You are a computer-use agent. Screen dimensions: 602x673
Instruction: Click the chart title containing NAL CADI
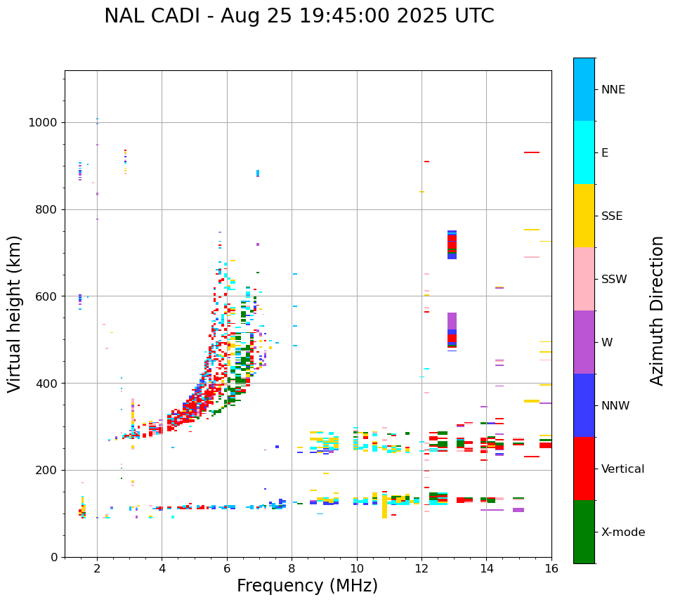click(299, 16)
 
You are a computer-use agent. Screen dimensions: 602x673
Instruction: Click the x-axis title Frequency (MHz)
click(307, 586)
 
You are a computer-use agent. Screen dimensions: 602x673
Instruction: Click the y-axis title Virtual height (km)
click(15, 314)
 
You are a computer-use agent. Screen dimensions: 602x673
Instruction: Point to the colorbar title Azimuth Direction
click(657, 310)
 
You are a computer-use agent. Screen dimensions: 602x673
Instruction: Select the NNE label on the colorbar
click(613, 90)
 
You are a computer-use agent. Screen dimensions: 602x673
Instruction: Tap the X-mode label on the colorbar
click(622, 532)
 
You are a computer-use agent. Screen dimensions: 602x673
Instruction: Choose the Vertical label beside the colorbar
click(622, 469)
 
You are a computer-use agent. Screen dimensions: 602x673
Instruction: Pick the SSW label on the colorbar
click(614, 280)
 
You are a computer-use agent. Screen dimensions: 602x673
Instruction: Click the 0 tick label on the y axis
click(54, 557)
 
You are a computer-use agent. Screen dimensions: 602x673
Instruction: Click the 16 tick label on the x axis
click(551, 569)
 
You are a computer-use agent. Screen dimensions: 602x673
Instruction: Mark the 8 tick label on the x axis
click(292, 569)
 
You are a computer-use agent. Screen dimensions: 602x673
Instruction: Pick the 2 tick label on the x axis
click(97, 569)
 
